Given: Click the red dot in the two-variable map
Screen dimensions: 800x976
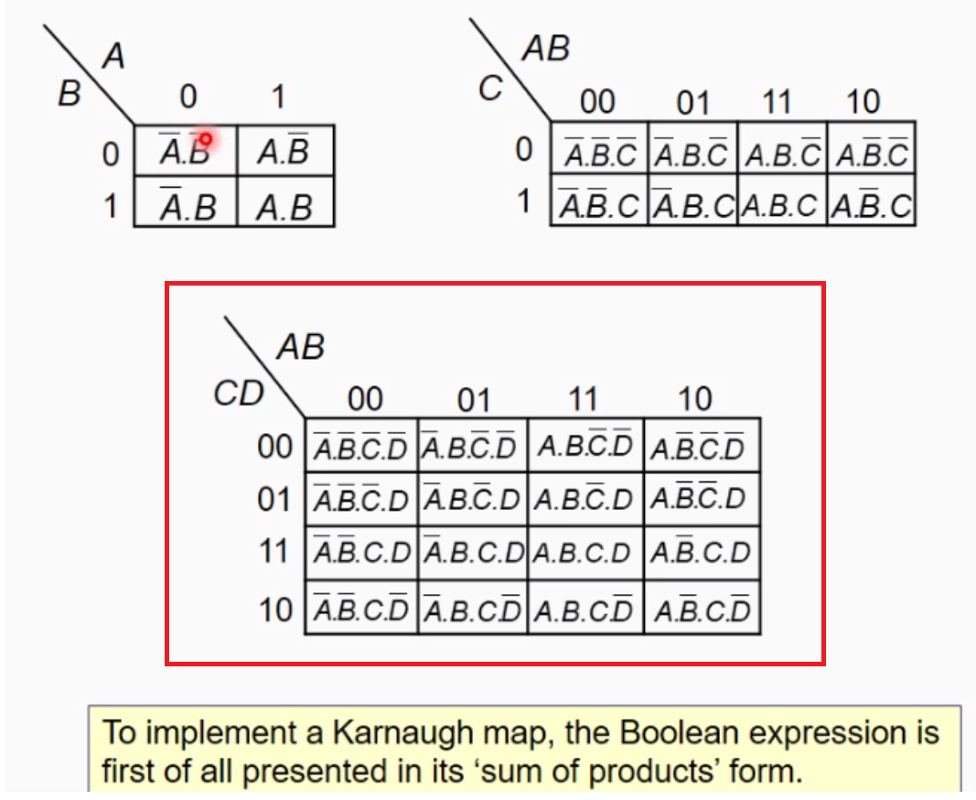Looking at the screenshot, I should pyautogui.click(x=206, y=139).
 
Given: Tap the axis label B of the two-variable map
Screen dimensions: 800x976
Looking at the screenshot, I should pyautogui.click(x=70, y=93).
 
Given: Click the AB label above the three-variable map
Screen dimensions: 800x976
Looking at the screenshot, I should pyautogui.click(x=545, y=49).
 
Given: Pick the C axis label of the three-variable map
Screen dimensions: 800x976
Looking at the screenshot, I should pyautogui.click(x=491, y=89).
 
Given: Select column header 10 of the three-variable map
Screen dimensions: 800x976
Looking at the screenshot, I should pyautogui.click(x=863, y=102).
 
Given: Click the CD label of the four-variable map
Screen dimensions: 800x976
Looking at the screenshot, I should pyautogui.click(x=238, y=394).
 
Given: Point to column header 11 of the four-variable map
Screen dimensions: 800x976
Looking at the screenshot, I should pyautogui.click(x=582, y=399).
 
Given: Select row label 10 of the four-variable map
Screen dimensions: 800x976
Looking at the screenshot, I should pyautogui.click(x=274, y=609).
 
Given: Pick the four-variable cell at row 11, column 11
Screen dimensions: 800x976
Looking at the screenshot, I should pyautogui.click(x=585, y=553).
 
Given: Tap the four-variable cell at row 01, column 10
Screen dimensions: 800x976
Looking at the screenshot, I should pyautogui.click(x=701, y=499).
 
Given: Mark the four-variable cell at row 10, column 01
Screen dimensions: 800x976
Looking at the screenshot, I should pyautogui.click(x=472, y=609).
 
